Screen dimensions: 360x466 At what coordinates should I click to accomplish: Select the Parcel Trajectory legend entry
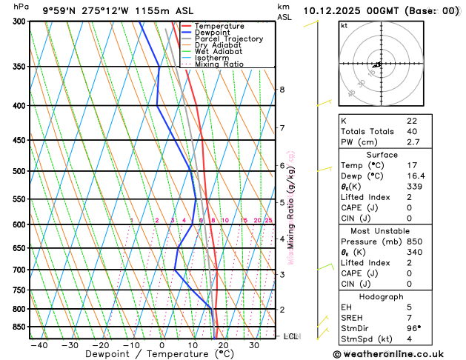tap(228, 39)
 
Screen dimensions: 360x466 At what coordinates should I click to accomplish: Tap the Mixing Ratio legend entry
tap(219, 64)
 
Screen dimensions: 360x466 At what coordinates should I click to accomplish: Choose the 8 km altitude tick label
tap(282, 90)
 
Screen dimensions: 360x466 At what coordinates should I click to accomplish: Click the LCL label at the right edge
tap(290, 336)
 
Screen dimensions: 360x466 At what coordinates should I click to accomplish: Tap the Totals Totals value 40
tap(412, 131)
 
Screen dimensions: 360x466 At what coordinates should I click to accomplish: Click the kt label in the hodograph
tap(344, 25)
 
